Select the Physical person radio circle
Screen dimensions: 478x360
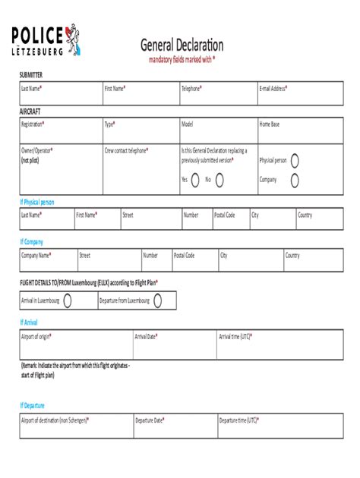[295, 160]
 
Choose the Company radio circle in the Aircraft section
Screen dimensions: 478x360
[295, 180]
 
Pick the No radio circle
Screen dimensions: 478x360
[219, 180]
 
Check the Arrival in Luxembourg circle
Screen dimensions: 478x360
[68, 300]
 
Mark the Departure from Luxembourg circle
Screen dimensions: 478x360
[159, 300]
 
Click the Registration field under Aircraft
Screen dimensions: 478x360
[60, 131]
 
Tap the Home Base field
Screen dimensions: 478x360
[299, 131]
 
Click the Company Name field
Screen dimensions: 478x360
[47, 261]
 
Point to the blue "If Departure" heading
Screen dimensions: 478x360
[34, 405]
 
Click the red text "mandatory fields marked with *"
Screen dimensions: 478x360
[182, 59]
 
